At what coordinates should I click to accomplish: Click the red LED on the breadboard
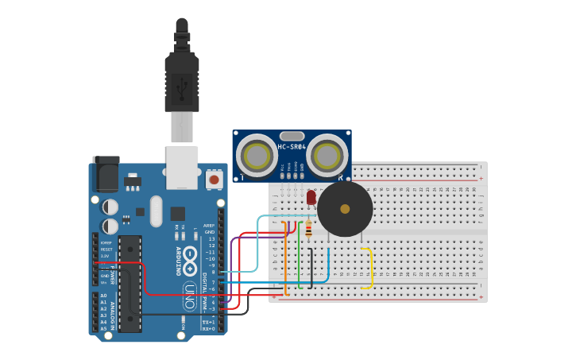311,196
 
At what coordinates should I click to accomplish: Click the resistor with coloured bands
308,230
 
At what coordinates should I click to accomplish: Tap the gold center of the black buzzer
345,209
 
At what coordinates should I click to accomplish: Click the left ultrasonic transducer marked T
256,155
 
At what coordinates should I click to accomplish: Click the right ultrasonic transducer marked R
327,155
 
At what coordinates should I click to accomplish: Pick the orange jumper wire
286,258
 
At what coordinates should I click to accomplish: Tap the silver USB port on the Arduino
182,167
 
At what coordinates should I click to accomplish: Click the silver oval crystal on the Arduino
156,211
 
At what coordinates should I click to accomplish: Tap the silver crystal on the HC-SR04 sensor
292,136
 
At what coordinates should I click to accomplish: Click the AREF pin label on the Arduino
209,225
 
